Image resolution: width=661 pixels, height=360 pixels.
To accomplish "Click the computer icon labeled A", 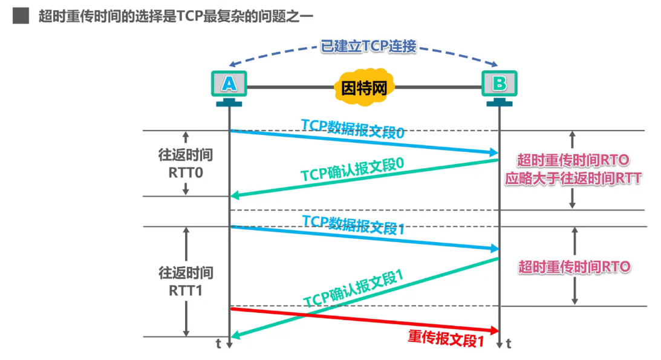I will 229,83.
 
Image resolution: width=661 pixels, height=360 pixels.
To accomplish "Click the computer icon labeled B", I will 499,83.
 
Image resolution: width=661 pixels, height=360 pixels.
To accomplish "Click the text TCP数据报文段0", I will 353,129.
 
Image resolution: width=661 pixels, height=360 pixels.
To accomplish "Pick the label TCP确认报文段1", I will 353,289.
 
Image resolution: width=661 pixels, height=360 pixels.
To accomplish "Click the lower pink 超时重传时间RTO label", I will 574,266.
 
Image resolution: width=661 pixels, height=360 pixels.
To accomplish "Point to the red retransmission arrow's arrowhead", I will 495,330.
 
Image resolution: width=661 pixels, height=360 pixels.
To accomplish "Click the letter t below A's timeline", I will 219,344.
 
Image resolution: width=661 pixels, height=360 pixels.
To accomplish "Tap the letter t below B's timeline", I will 509,344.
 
